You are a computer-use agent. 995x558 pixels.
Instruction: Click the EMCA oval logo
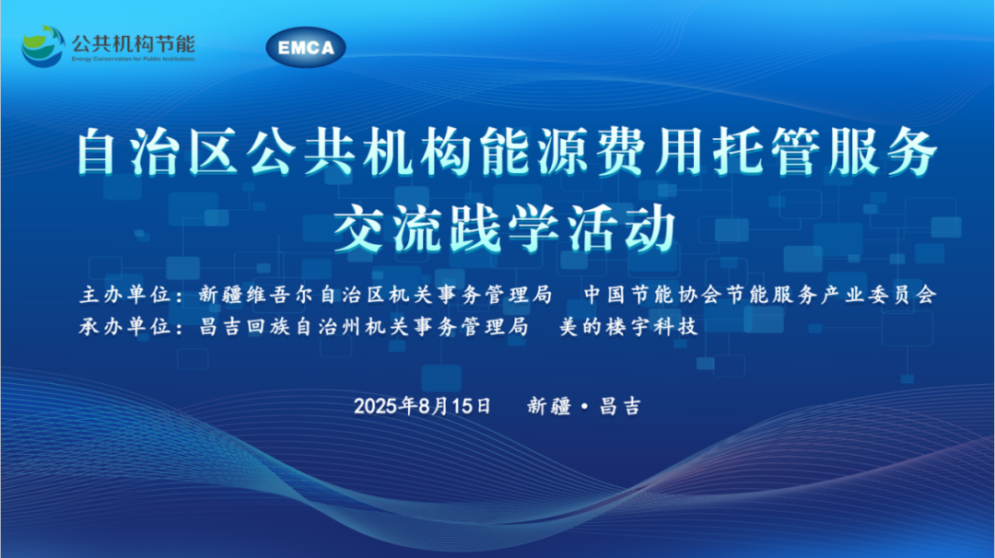pyautogui.click(x=306, y=47)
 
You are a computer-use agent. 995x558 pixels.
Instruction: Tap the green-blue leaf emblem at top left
pyautogui.click(x=43, y=46)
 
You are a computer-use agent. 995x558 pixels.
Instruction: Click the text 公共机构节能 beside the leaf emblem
pyautogui.click(x=134, y=43)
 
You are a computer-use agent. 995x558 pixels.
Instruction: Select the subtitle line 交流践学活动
pyautogui.click(x=505, y=228)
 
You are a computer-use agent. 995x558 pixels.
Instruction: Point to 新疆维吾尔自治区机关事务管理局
pyautogui.click(x=375, y=295)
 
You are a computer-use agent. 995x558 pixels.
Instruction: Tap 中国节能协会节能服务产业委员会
pyautogui.click(x=760, y=295)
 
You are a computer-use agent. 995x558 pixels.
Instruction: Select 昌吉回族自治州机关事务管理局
pyautogui.click(x=364, y=327)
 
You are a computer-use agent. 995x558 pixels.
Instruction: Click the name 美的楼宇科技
pyautogui.click(x=628, y=327)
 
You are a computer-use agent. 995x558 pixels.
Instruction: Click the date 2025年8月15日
pyautogui.click(x=422, y=406)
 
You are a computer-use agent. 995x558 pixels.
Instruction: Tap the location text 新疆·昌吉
pyautogui.click(x=584, y=406)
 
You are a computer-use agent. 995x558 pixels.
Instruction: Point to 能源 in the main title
pyautogui.click(x=539, y=152)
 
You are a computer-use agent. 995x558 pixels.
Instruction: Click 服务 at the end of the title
pyautogui.click(x=883, y=152)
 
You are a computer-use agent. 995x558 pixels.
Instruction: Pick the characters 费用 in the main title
pyautogui.click(x=653, y=152)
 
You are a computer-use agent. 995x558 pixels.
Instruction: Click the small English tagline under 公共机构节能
pyautogui.click(x=134, y=59)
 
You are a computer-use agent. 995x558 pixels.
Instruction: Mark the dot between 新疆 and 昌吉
pyautogui.click(x=584, y=406)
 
